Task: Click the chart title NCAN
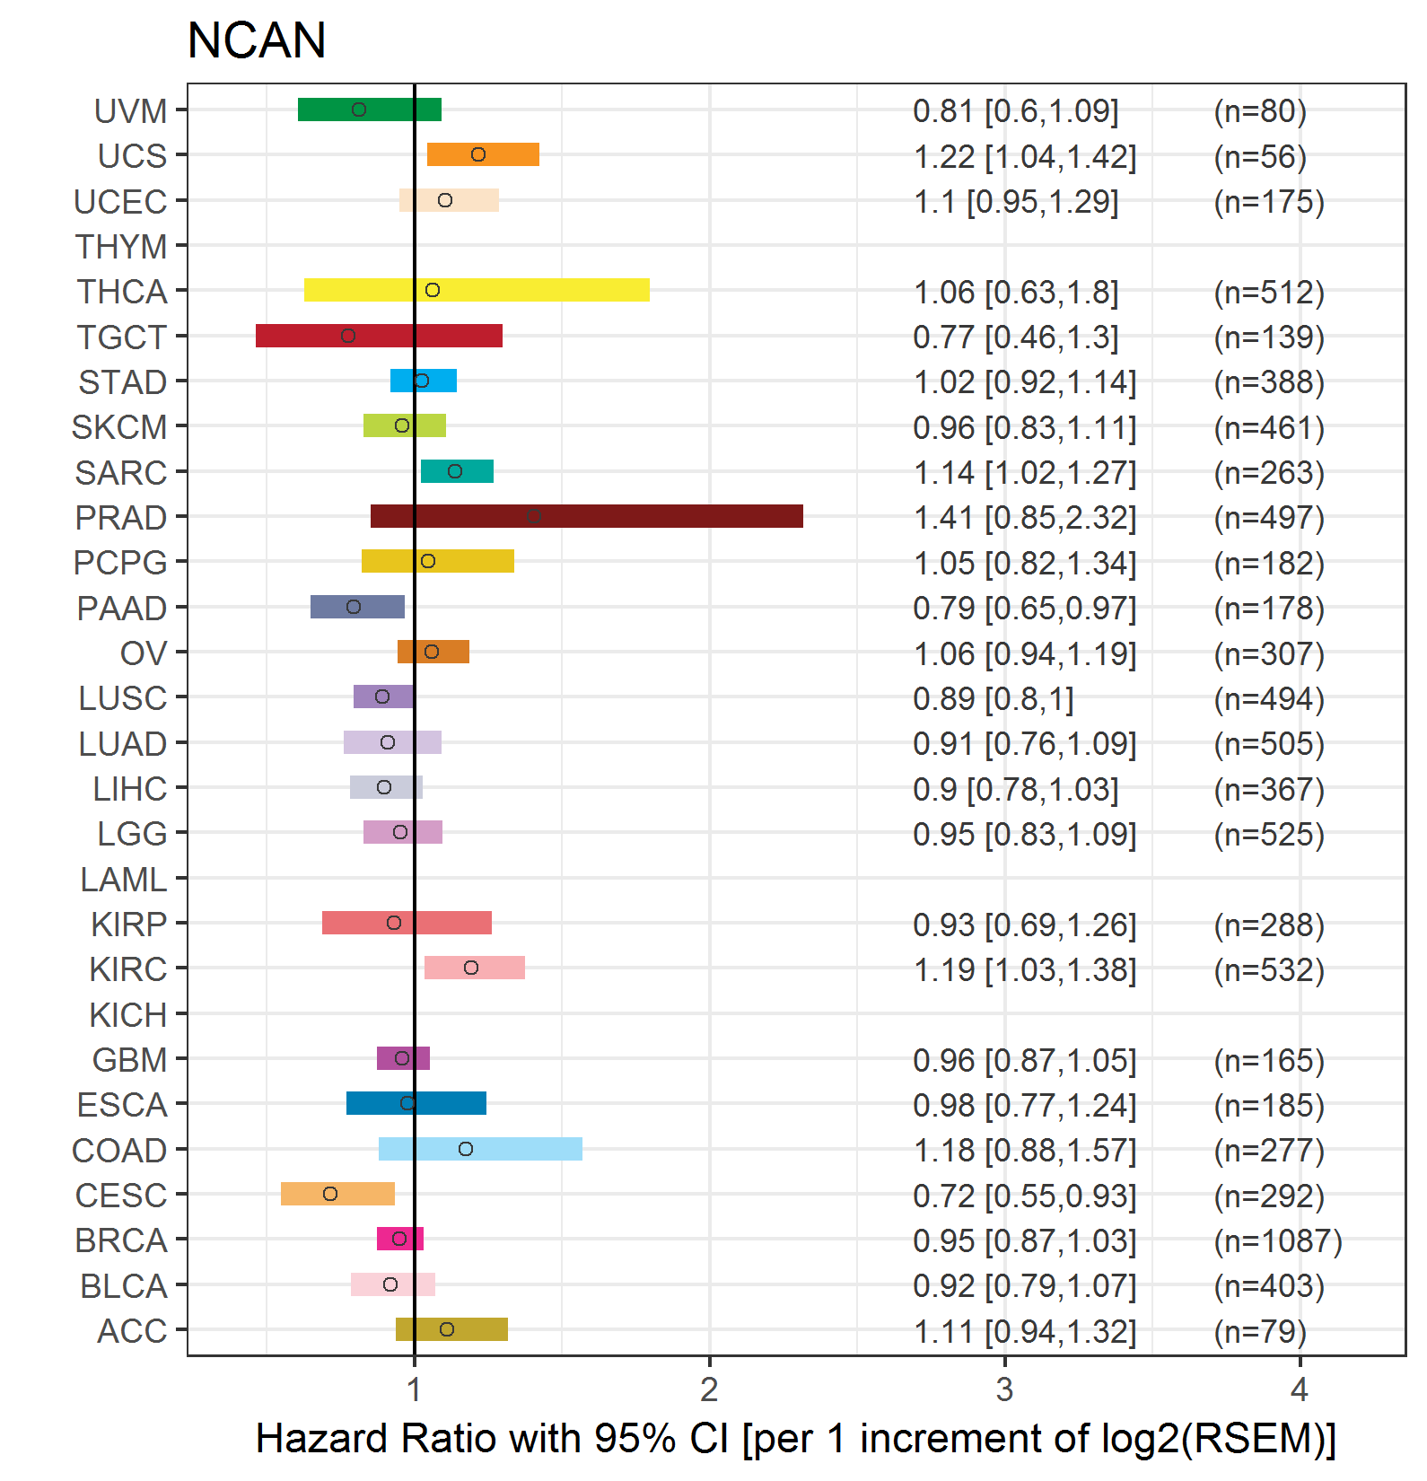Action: (257, 40)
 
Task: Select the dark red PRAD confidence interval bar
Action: (587, 516)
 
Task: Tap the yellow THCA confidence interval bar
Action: (477, 290)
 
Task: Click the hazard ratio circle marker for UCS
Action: (478, 154)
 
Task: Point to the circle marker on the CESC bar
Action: (330, 1194)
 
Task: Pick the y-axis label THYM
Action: (121, 246)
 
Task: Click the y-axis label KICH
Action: (128, 1014)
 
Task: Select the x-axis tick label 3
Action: (1004, 1389)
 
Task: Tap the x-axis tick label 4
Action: (1300, 1389)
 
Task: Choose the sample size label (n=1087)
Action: (1278, 1240)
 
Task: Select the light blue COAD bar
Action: (480, 1149)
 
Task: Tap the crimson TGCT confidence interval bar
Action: (379, 336)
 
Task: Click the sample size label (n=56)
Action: (1260, 157)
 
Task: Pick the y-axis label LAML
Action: (124, 879)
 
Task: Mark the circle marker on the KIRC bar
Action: (471, 968)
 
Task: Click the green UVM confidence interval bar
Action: (370, 110)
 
